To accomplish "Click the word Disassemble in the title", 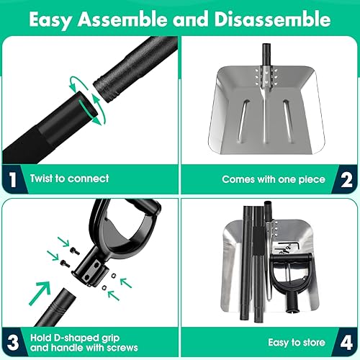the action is point(273,19).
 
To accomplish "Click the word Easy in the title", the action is point(50,20).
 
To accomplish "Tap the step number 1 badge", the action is point(13,179).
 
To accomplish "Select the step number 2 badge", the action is point(346,180).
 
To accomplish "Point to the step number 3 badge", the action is point(13,343).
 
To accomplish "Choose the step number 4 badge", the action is point(346,343).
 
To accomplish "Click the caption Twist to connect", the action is point(69,179).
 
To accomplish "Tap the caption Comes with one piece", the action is point(274,179).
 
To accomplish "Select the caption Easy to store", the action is point(297,343).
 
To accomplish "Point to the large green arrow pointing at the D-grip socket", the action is point(40,292).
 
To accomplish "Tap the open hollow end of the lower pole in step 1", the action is point(87,107).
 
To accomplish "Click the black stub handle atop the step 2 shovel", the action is point(266,55).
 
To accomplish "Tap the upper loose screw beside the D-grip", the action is point(75,251).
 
